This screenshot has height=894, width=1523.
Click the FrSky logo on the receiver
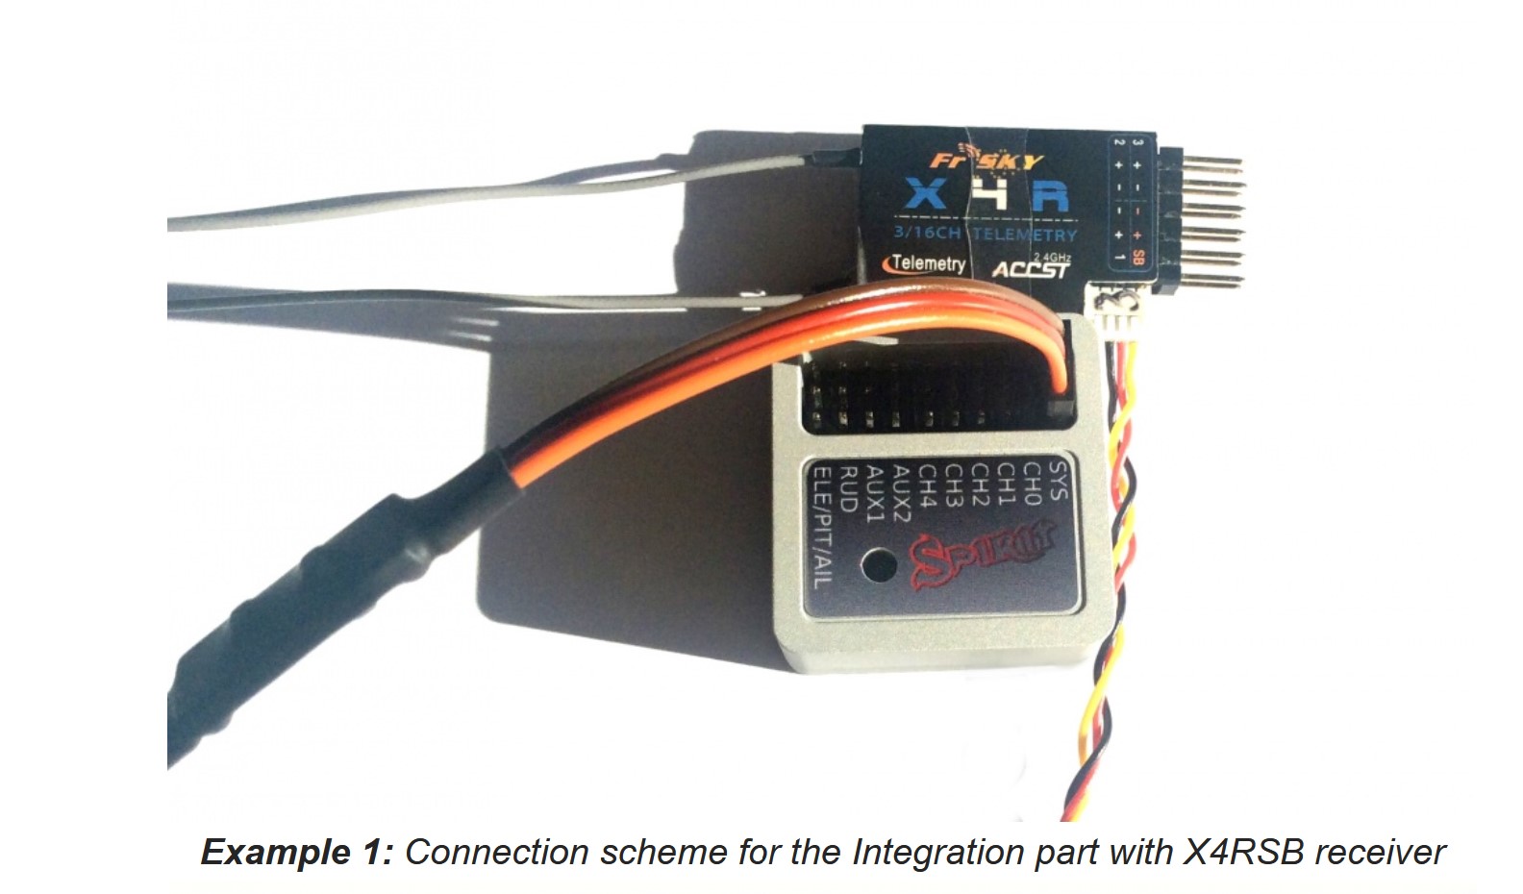point(986,161)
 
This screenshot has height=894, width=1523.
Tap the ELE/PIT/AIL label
point(822,526)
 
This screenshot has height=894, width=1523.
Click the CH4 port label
point(928,485)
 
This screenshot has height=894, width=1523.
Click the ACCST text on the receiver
point(1030,269)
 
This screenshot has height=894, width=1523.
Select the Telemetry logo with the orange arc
point(925,262)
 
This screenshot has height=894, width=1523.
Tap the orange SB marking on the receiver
point(1138,258)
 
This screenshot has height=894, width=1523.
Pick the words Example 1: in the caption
point(296,853)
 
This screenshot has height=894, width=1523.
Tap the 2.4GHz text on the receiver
point(1051,257)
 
